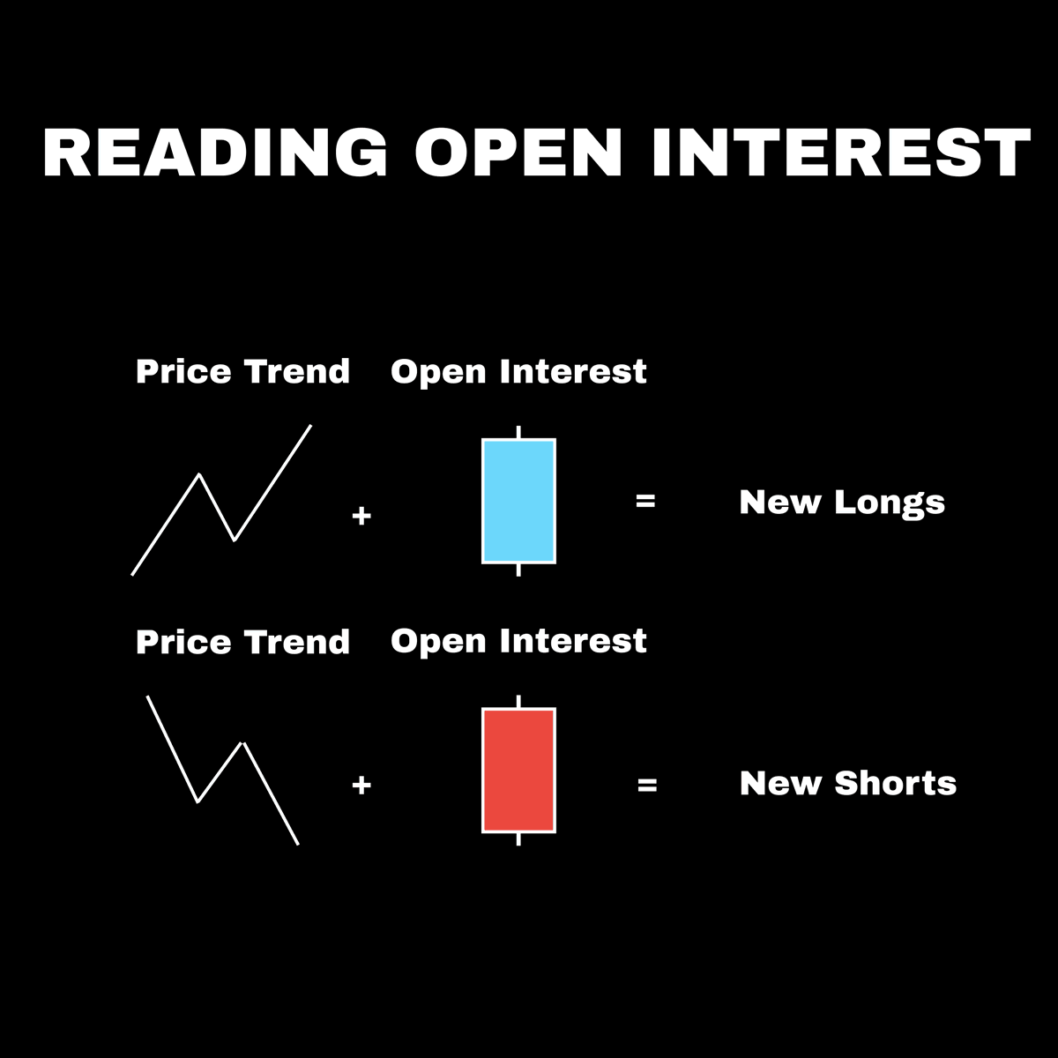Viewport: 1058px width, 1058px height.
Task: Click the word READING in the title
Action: point(215,153)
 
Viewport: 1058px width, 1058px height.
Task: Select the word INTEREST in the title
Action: point(841,153)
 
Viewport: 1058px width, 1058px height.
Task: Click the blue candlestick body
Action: point(518,500)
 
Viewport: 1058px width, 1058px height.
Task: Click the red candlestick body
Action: point(518,770)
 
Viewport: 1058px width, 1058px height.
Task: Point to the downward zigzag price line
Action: point(173,749)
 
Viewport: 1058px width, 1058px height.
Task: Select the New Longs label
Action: point(842,503)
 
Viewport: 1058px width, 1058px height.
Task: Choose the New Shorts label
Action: point(848,783)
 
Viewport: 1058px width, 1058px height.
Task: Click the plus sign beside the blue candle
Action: point(361,516)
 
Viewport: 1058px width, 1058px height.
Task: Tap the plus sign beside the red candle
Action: point(361,785)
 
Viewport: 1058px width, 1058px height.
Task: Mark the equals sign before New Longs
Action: point(645,501)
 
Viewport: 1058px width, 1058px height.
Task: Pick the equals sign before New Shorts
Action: point(647,784)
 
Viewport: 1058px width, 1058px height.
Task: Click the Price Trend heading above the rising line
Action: point(242,372)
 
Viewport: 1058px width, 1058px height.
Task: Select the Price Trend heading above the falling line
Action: point(242,642)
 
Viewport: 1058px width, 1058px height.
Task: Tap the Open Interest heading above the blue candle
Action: point(518,372)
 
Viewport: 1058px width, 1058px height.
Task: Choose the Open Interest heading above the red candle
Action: point(518,641)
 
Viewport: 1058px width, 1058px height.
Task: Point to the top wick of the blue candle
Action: point(518,432)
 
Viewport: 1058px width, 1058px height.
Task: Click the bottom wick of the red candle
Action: point(518,838)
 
